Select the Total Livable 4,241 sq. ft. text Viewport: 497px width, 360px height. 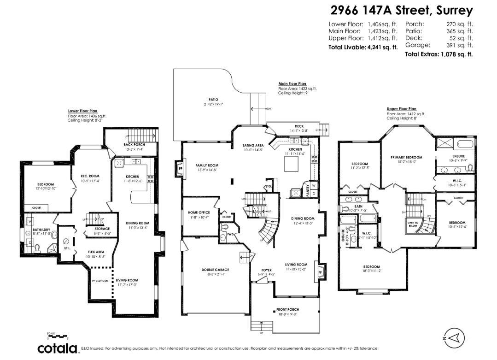pos(363,47)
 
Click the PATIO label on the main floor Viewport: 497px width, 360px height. pos(213,100)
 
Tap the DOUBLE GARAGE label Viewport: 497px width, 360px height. pos(215,270)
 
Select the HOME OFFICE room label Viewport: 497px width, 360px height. pos(199,212)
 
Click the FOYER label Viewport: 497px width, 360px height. pos(267,270)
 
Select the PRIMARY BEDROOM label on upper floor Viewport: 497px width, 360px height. pos(406,157)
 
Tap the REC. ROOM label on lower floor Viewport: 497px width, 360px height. pos(90,176)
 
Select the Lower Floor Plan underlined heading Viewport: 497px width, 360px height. pos(82,111)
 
